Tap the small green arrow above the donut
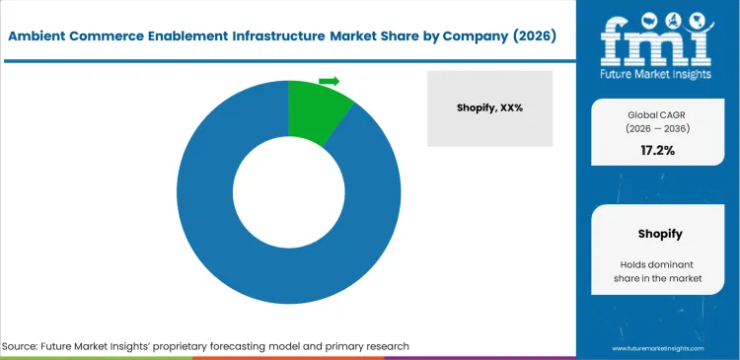click(x=330, y=81)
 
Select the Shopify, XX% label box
click(x=489, y=108)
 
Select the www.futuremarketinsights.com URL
click(x=656, y=348)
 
